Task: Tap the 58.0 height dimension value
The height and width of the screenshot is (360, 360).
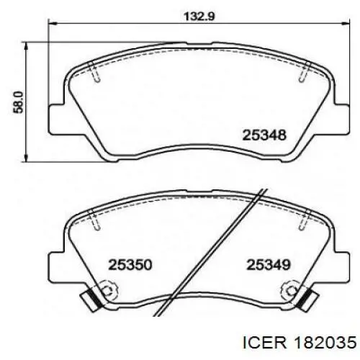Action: coord(18,102)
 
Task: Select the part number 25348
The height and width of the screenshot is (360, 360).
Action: coord(264,135)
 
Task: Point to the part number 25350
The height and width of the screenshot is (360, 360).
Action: coord(130,265)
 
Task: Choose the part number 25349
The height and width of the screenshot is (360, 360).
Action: coord(269,265)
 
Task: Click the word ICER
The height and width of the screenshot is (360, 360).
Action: coord(265,343)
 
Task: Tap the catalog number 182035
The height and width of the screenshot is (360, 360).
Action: coord(326,343)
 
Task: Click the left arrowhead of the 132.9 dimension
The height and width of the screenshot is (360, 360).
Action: coord(53,24)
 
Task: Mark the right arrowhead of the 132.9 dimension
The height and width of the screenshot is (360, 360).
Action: coord(346,24)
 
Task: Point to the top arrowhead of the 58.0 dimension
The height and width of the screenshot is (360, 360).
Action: coord(26,46)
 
